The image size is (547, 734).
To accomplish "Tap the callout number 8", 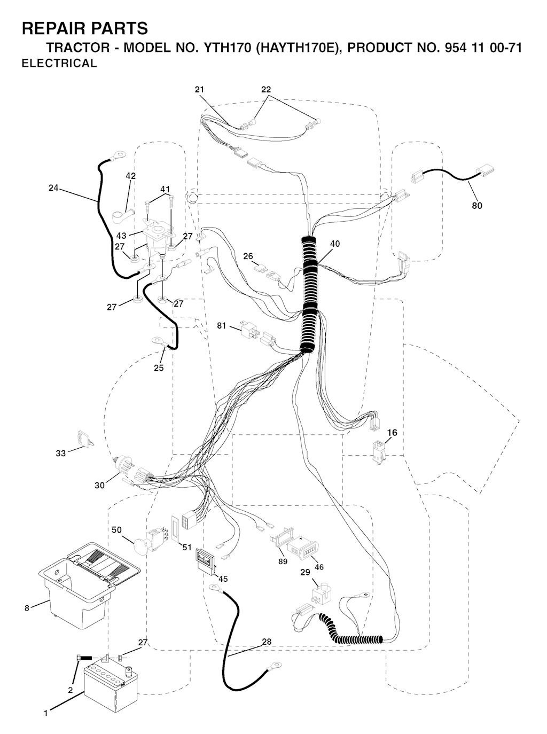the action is [27, 608].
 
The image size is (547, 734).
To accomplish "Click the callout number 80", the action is [477, 206].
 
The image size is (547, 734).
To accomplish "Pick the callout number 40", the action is [335, 244].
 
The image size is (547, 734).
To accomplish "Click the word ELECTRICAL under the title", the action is [59, 63].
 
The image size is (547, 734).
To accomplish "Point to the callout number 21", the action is [200, 90].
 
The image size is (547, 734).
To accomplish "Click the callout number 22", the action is [266, 90].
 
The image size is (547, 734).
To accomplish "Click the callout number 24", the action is [53, 188].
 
